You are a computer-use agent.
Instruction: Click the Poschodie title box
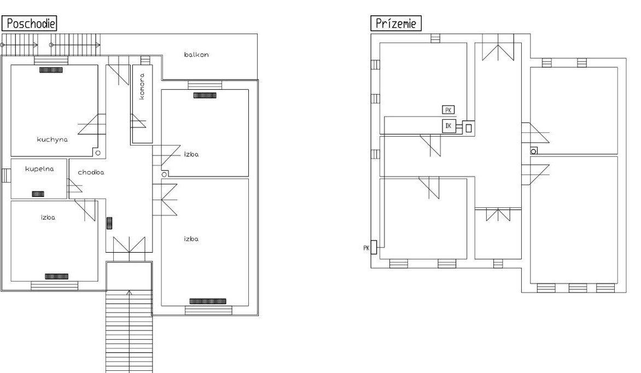(x=29, y=24)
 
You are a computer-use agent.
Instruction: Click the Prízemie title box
(x=396, y=24)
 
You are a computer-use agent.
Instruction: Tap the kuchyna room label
(x=53, y=139)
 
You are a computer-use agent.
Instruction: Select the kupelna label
(x=39, y=169)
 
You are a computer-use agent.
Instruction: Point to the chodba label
(x=91, y=172)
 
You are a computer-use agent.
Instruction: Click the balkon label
(x=196, y=54)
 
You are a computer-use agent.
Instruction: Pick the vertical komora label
(x=142, y=86)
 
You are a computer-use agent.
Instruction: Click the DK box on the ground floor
(x=448, y=126)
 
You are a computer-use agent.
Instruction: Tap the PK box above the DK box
(x=448, y=109)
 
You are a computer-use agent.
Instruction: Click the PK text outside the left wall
(x=366, y=248)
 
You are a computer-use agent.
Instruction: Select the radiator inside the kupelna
(x=38, y=194)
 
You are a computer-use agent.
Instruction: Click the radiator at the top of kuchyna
(x=51, y=70)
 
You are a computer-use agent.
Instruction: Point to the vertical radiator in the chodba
(x=109, y=223)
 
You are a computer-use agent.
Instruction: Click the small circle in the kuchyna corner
(x=98, y=153)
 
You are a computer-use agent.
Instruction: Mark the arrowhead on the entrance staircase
(x=129, y=293)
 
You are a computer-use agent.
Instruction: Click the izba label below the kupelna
(x=48, y=218)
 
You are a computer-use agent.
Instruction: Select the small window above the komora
(x=145, y=60)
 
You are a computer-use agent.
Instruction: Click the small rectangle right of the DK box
(x=469, y=128)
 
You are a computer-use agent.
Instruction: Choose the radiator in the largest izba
(x=208, y=301)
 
